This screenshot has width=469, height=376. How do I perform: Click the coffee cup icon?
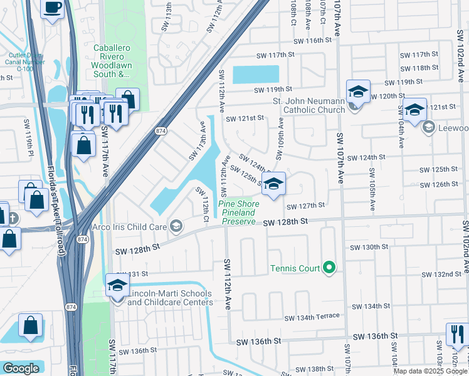(52, 8)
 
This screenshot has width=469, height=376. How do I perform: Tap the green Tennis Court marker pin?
(329, 268)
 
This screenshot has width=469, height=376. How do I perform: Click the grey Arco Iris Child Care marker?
(177, 226)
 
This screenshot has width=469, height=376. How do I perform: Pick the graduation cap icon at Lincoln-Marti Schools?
(117, 286)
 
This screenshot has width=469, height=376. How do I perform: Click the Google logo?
(21, 368)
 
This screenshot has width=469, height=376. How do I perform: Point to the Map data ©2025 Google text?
(430, 371)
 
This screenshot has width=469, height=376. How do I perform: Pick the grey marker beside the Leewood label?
(429, 128)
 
